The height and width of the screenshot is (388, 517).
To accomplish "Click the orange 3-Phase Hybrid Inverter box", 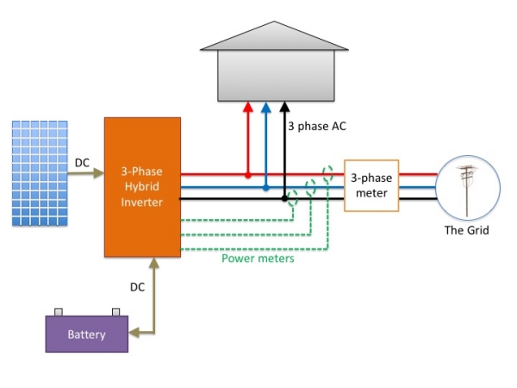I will click(x=142, y=185).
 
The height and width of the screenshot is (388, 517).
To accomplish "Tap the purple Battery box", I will click(x=86, y=335).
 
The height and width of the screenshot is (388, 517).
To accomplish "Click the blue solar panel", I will click(x=40, y=173).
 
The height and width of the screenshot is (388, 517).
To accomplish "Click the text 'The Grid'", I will click(x=466, y=230).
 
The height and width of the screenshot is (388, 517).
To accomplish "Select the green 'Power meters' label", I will click(x=258, y=257).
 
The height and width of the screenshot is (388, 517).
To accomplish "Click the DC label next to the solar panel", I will click(x=82, y=161).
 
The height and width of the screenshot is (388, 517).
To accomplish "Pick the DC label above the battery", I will click(x=138, y=285).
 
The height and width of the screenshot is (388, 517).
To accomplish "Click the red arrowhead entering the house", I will click(x=247, y=108).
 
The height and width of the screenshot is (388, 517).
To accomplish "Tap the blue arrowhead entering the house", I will click(x=265, y=108).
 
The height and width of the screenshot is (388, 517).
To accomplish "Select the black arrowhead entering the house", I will click(x=284, y=108).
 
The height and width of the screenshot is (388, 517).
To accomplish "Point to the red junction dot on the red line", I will click(x=247, y=175).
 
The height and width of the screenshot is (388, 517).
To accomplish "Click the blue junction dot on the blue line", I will click(x=265, y=186).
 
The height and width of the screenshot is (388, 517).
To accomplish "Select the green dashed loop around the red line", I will click(x=327, y=175).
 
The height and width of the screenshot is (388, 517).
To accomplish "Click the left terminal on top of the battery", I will click(x=58, y=313).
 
